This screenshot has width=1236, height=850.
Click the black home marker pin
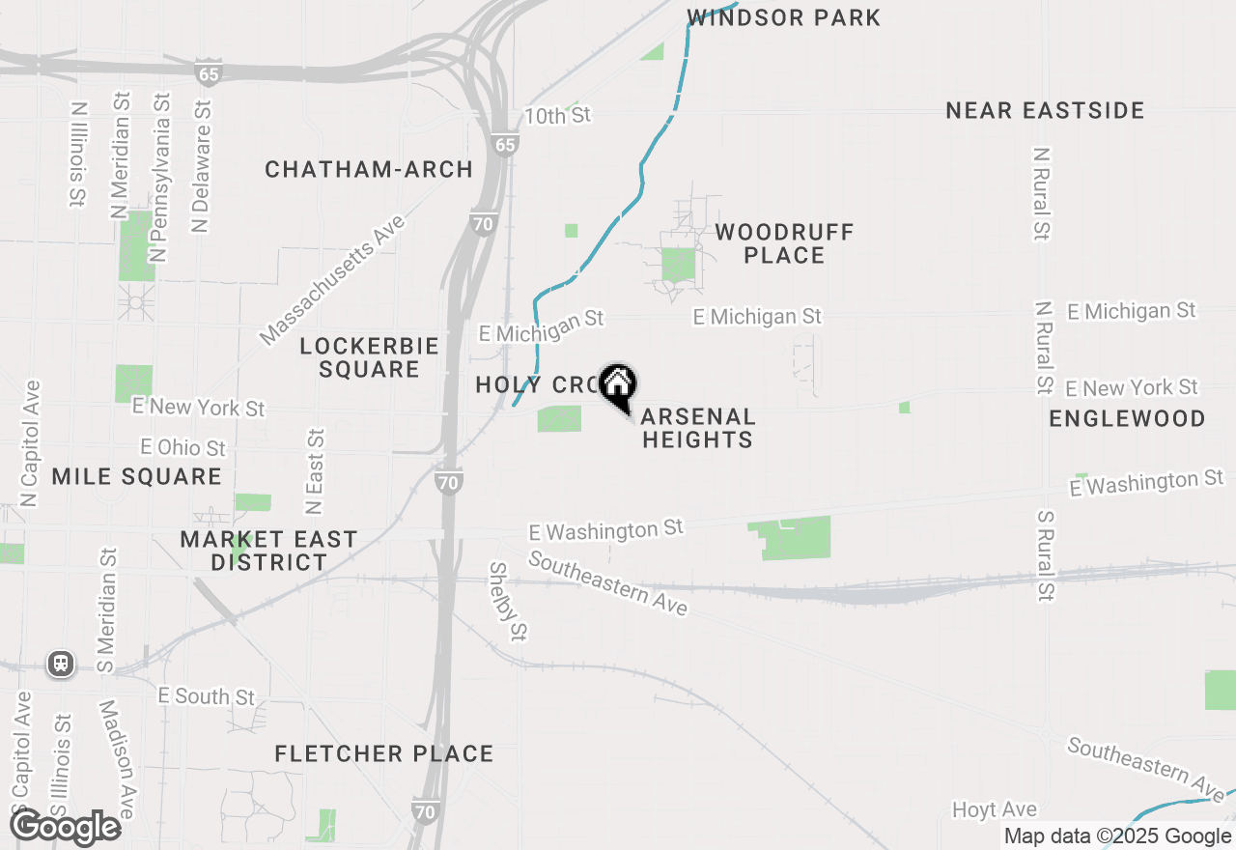pyautogui.click(x=618, y=386)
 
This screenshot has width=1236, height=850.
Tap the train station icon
pyautogui.click(x=61, y=664)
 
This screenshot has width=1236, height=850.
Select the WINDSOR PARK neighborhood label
pyautogui.click(x=783, y=17)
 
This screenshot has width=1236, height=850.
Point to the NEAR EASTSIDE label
pyautogui.click(x=1045, y=110)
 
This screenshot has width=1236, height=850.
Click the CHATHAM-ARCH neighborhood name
pyautogui.click(x=369, y=170)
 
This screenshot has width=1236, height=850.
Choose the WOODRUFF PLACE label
pyautogui.click(x=784, y=243)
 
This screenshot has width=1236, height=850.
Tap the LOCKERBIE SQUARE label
pyautogui.click(x=369, y=357)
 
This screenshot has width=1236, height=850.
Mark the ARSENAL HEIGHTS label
pyautogui.click(x=697, y=428)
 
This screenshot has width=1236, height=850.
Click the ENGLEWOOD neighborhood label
pyautogui.click(x=1127, y=418)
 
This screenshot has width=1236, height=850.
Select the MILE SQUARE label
pyautogui.click(x=136, y=476)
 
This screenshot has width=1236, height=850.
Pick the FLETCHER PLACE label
pyautogui.click(x=383, y=753)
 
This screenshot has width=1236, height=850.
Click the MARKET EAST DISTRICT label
pyautogui.click(x=268, y=551)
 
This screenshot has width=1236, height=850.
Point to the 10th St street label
pyautogui.click(x=557, y=116)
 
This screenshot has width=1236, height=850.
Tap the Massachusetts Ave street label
pyautogui.click(x=332, y=281)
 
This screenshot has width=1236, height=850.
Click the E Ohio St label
pyautogui.click(x=183, y=448)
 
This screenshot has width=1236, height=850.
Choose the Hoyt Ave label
pyautogui.click(x=994, y=809)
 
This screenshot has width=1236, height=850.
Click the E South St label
pyautogui.click(x=207, y=696)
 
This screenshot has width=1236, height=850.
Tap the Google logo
pyautogui.click(x=65, y=828)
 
